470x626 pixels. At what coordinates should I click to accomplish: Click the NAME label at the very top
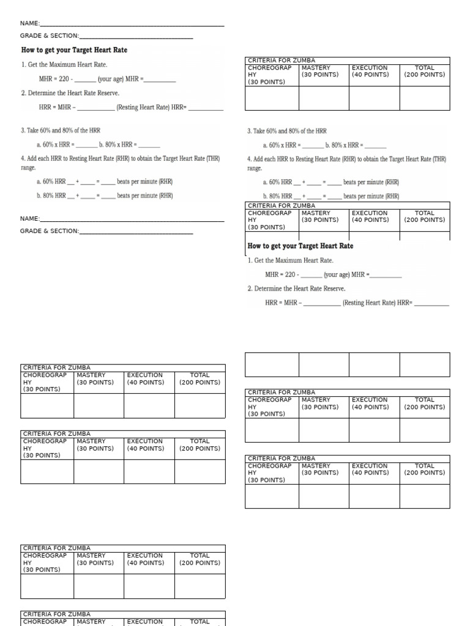click(29, 23)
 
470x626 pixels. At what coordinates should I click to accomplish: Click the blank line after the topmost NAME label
click(132, 24)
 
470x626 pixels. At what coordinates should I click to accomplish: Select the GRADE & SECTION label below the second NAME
click(49, 231)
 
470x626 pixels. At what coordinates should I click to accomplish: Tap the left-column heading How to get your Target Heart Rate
click(74, 50)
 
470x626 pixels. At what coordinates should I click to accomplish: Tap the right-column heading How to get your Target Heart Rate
click(300, 246)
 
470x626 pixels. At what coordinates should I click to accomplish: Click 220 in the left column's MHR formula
click(64, 79)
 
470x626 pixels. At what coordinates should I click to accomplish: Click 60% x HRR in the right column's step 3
click(282, 145)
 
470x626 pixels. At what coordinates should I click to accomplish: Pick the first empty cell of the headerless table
click(272, 364)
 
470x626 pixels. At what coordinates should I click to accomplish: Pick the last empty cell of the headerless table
click(424, 364)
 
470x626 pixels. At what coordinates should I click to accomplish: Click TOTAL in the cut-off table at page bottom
click(200, 621)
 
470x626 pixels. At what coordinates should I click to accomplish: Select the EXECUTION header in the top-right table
click(370, 68)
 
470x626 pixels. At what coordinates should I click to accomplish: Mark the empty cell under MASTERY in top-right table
click(324, 98)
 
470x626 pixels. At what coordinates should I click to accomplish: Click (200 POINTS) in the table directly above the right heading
click(424, 220)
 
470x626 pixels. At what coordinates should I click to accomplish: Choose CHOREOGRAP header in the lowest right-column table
click(269, 466)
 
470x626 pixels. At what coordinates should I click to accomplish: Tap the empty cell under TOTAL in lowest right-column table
click(424, 496)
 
